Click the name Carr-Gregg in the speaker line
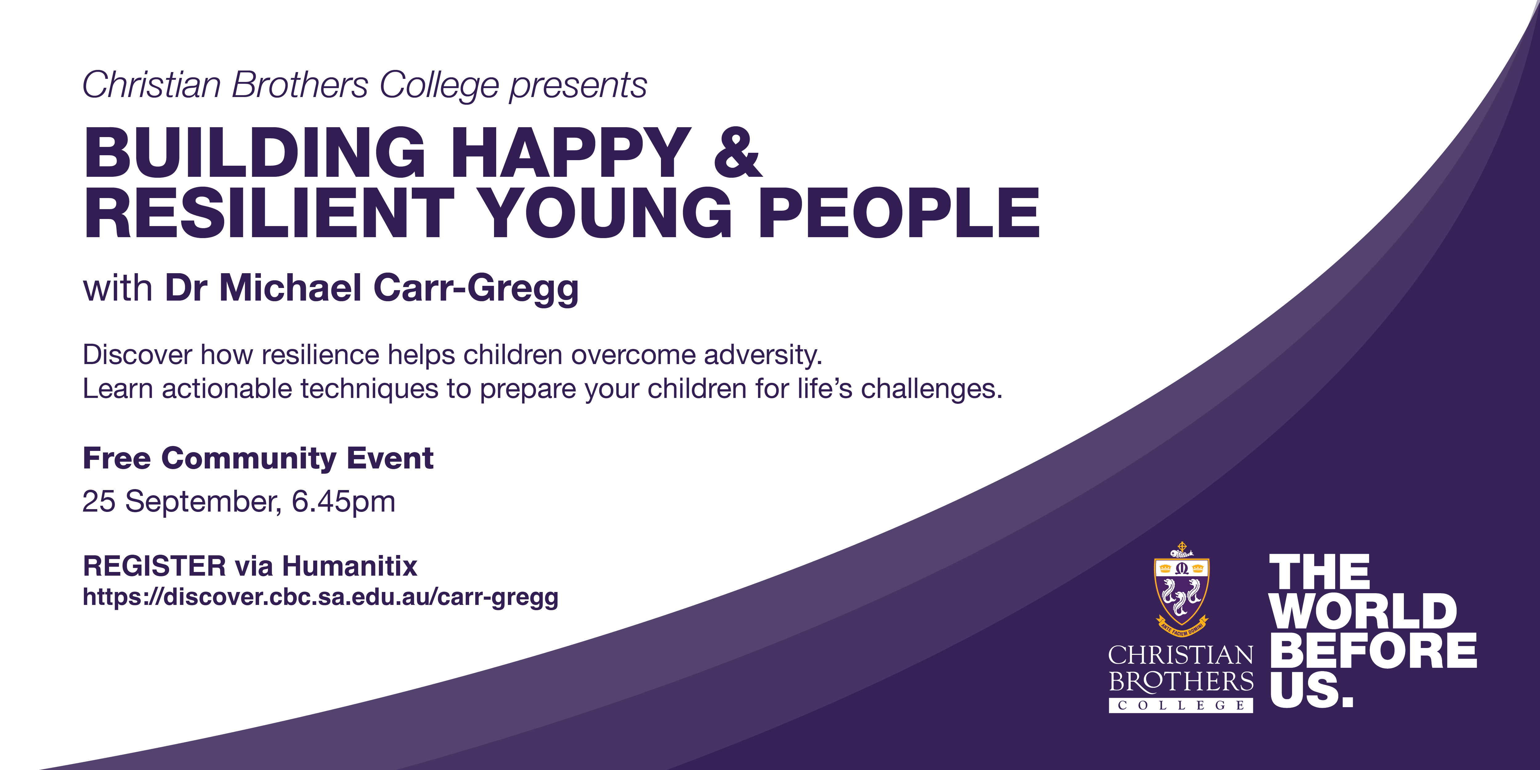tap(476, 289)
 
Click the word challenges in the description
tap(931, 389)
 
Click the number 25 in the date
tap(99, 501)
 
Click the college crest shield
tap(1181, 589)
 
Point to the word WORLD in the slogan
tap(1363, 612)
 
